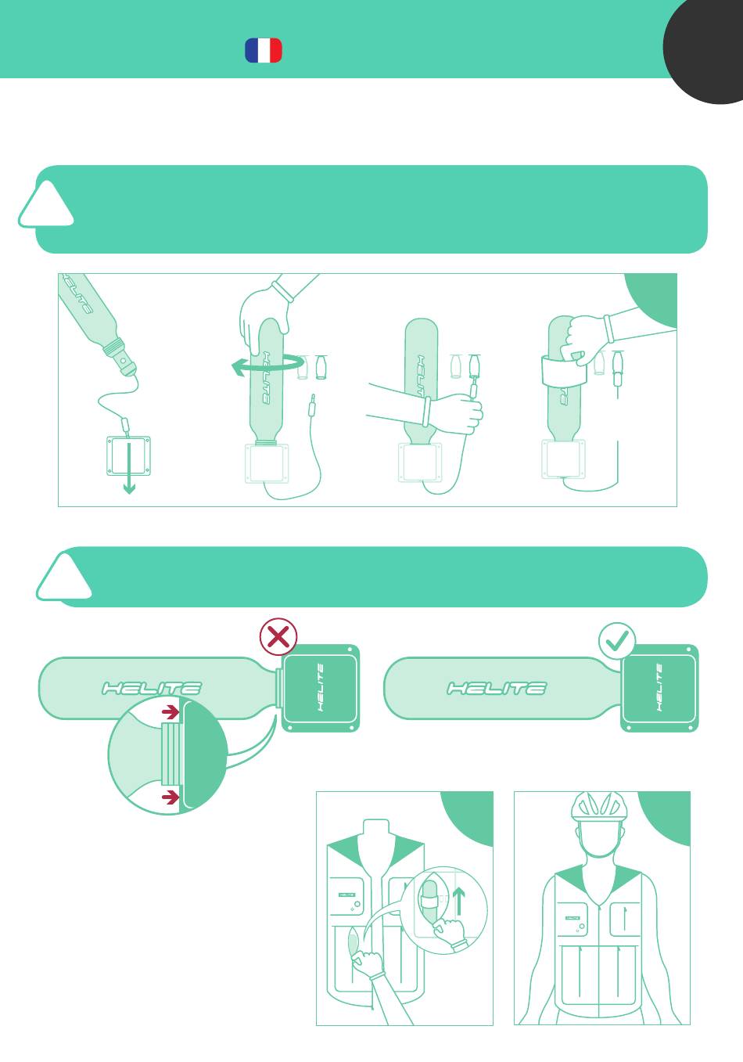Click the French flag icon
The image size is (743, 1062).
pyautogui.click(x=264, y=50)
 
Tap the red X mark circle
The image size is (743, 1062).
pyautogui.click(x=278, y=637)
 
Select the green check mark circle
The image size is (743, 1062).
pyautogui.click(x=617, y=641)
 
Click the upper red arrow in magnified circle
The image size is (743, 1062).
pyautogui.click(x=170, y=711)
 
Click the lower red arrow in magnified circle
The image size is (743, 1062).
pyautogui.click(x=170, y=797)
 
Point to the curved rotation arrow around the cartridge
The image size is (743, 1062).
pyautogui.click(x=267, y=364)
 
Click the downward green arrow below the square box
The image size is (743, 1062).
pyautogui.click(x=129, y=468)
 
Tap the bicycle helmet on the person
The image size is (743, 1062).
pyautogui.click(x=599, y=807)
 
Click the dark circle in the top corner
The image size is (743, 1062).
pyautogui.click(x=703, y=51)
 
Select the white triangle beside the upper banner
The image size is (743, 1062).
pyautogui.click(x=46, y=205)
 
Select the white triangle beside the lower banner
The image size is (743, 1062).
pyautogui.click(x=64, y=578)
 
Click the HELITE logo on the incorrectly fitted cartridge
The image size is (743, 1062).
pyautogui.click(x=152, y=689)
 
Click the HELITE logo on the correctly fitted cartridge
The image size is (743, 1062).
pyautogui.click(x=497, y=689)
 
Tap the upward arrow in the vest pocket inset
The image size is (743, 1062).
pyautogui.click(x=458, y=902)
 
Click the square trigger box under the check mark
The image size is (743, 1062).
pyautogui.click(x=659, y=688)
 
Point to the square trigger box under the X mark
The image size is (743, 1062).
pyautogui.click(x=321, y=688)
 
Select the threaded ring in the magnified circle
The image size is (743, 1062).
pyautogui.click(x=171, y=754)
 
